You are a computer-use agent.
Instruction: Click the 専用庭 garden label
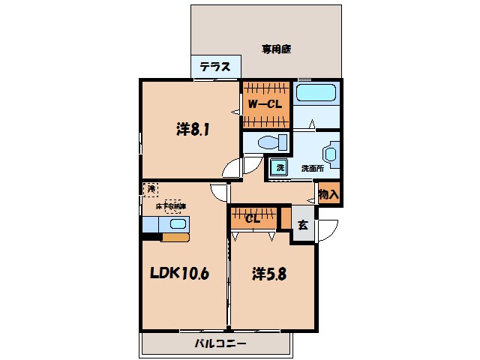point(275,49)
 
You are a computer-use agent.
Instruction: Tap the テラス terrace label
point(214,67)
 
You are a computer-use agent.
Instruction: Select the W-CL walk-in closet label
point(264,104)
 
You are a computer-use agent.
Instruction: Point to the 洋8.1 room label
point(193,129)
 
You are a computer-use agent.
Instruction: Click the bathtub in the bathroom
point(316,94)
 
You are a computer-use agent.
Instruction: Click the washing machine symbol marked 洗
point(279,167)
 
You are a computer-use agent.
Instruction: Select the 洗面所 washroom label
point(312,168)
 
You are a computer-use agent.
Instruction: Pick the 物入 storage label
point(328,194)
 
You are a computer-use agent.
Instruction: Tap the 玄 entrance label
point(303,223)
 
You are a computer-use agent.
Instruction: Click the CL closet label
point(253,219)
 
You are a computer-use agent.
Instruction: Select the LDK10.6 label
point(181,274)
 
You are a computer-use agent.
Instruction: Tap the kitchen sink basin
point(178,223)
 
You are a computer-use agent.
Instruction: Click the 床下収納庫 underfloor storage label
point(172,205)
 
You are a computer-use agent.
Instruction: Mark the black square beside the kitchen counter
point(151,238)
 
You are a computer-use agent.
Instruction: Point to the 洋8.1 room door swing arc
point(233,168)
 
